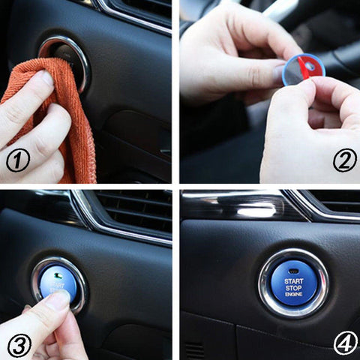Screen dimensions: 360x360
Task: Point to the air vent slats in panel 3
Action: [x=135, y=210]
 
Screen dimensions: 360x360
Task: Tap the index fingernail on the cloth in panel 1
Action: [x=46, y=78]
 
